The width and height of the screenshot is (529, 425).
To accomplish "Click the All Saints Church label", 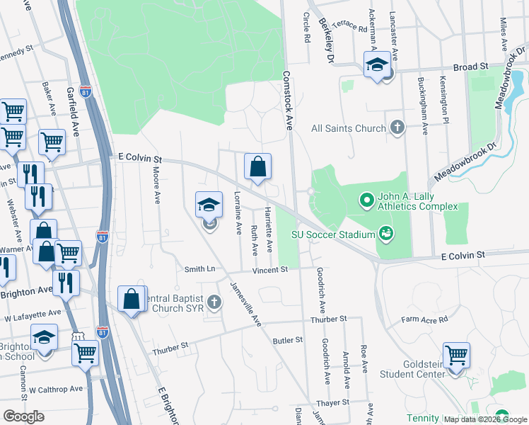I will (349, 128).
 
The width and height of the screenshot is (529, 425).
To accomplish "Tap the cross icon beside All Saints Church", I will (397, 127).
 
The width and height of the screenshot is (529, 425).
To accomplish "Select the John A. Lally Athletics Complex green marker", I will (366, 201).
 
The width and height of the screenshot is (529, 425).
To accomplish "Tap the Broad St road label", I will (471, 66).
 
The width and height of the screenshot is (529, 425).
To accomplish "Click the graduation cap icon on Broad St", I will (377, 65).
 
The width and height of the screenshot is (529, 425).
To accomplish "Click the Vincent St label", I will (271, 270).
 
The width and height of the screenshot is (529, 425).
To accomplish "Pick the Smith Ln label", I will (199, 269).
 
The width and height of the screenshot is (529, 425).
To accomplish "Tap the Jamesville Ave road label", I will (245, 304).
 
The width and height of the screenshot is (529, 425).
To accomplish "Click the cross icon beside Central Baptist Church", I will (214, 302).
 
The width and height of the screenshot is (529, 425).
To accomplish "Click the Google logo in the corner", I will (23, 416).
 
